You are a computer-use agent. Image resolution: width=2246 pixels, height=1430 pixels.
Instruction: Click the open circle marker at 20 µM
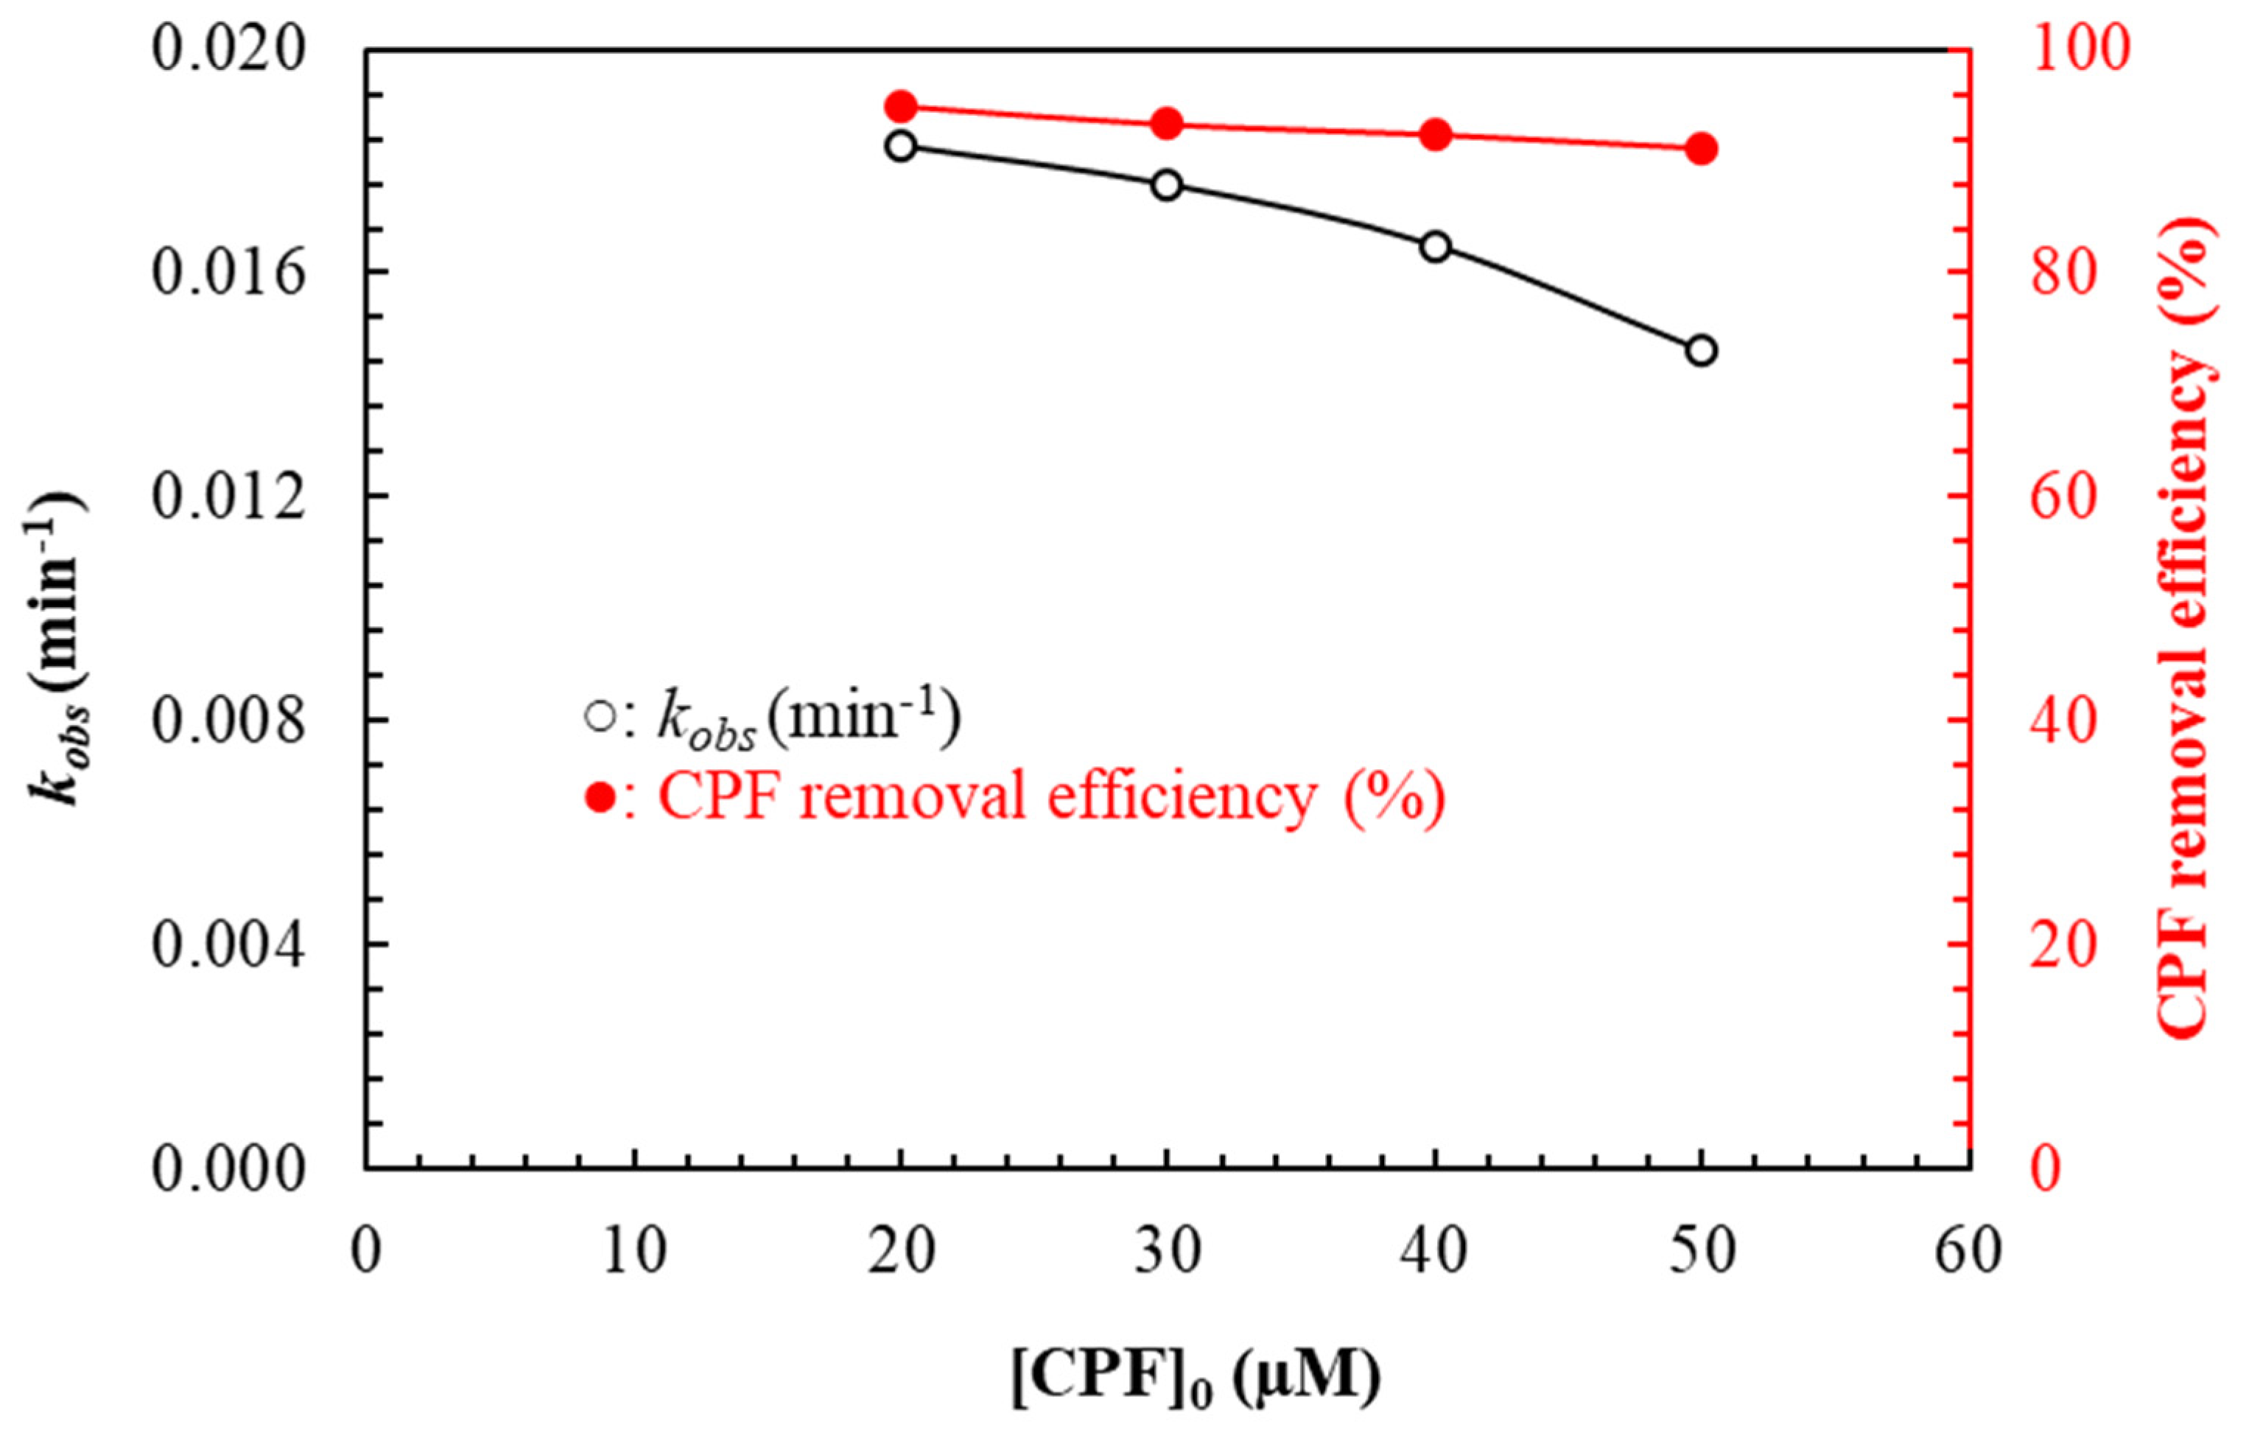pyautogui.click(x=901, y=146)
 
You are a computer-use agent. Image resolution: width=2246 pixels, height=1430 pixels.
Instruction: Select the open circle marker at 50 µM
pyautogui.click(x=1702, y=351)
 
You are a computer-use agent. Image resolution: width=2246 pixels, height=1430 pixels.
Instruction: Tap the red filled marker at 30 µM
pyautogui.click(x=1167, y=123)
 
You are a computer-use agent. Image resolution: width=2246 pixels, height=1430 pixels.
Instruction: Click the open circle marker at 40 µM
pyautogui.click(x=1436, y=246)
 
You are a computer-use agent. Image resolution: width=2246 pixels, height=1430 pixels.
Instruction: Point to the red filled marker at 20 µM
pyautogui.click(x=901, y=106)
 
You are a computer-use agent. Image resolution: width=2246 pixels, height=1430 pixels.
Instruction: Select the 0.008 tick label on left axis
pyautogui.click(x=228, y=720)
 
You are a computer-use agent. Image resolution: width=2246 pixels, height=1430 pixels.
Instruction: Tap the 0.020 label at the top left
pyautogui.click(x=228, y=48)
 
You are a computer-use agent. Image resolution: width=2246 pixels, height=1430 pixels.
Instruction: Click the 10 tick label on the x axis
pyautogui.click(x=634, y=1250)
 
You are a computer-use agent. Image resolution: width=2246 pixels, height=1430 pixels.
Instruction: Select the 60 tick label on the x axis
pyautogui.click(x=1968, y=1250)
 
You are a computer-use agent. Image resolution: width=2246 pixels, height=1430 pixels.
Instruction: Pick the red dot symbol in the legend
pyautogui.click(x=600, y=798)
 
